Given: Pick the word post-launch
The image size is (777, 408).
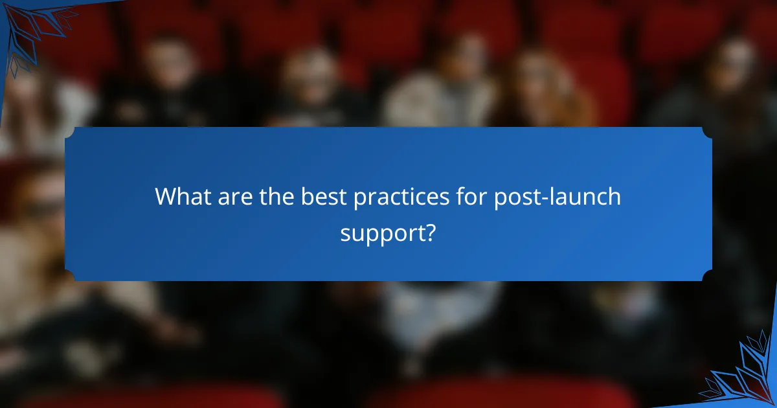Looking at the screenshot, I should [557, 197].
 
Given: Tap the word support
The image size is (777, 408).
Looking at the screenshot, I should [381, 232].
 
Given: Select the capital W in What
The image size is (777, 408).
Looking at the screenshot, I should [166, 197].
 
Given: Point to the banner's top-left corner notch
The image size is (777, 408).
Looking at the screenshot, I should [69, 131].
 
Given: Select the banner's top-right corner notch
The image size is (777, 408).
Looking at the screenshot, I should [707, 131].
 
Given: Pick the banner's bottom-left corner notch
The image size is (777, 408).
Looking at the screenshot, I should [69, 277].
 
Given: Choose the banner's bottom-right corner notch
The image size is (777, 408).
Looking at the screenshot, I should [707, 277].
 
